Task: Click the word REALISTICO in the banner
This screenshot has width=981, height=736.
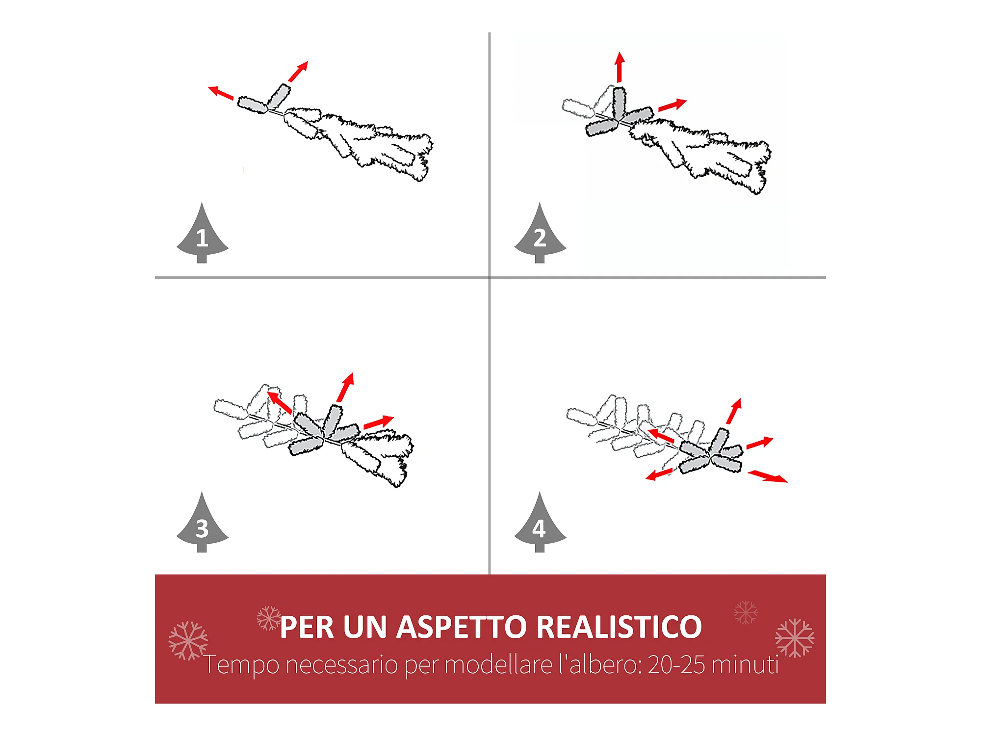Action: pos(619,627)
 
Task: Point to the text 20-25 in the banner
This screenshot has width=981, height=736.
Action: pos(676,665)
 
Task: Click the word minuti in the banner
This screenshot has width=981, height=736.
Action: pos(746,665)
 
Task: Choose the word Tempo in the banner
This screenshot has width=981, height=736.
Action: pos(241,666)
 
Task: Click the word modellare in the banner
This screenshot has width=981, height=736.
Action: pos(498,665)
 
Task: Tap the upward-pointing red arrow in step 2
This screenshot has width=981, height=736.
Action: pos(620,67)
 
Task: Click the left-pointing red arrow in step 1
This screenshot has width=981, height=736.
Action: pos(221,93)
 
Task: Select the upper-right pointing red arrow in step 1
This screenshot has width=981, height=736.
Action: pos(298,71)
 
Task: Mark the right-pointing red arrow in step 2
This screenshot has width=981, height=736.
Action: pos(672,105)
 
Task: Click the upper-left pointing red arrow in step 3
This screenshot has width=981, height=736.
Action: pos(280,402)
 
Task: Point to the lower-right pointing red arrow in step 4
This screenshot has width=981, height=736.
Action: pos(768,476)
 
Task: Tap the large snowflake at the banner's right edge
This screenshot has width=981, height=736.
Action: pos(795,638)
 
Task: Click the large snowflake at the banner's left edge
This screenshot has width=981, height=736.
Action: pos(188,640)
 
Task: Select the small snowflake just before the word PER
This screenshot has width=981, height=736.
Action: pos(269,618)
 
